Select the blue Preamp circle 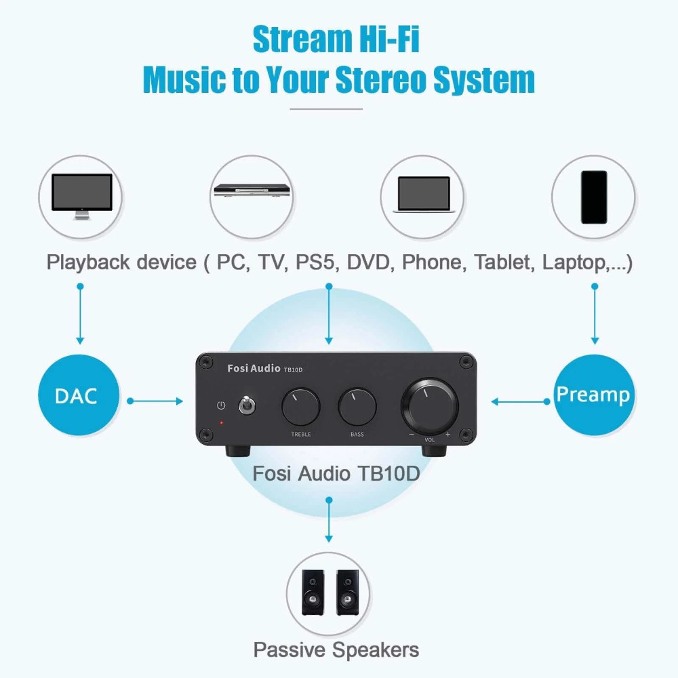click(x=593, y=395)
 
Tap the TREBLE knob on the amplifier click(x=300, y=407)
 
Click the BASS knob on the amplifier click(x=357, y=407)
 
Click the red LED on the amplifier click(x=220, y=423)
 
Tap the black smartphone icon click(x=594, y=197)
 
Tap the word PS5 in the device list click(x=315, y=262)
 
